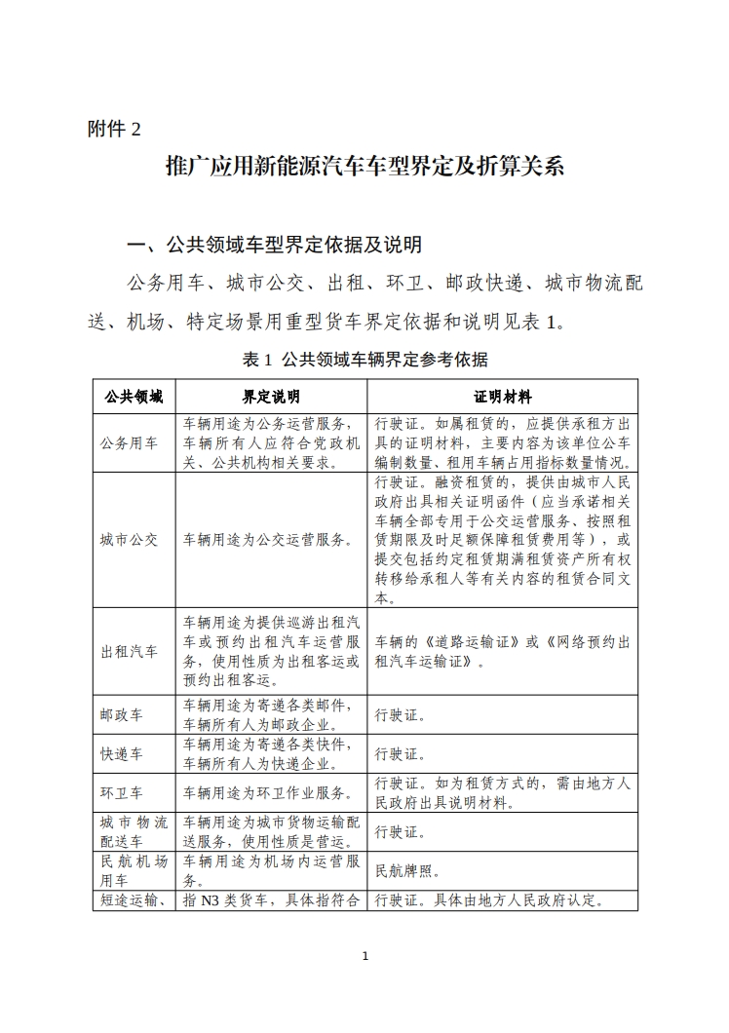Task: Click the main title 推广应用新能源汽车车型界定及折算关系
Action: [x=364, y=166]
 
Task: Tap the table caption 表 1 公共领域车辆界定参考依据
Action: [x=364, y=360]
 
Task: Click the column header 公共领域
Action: [x=134, y=398]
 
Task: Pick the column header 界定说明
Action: [x=271, y=398]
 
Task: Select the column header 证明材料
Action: [x=502, y=398]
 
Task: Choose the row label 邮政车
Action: [x=121, y=714]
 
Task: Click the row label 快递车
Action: [x=121, y=753]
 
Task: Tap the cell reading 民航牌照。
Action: [x=408, y=871]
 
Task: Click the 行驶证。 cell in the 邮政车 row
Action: [x=400, y=714]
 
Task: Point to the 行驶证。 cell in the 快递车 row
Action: [x=400, y=753]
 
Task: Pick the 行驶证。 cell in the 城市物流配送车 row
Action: [x=400, y=832]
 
